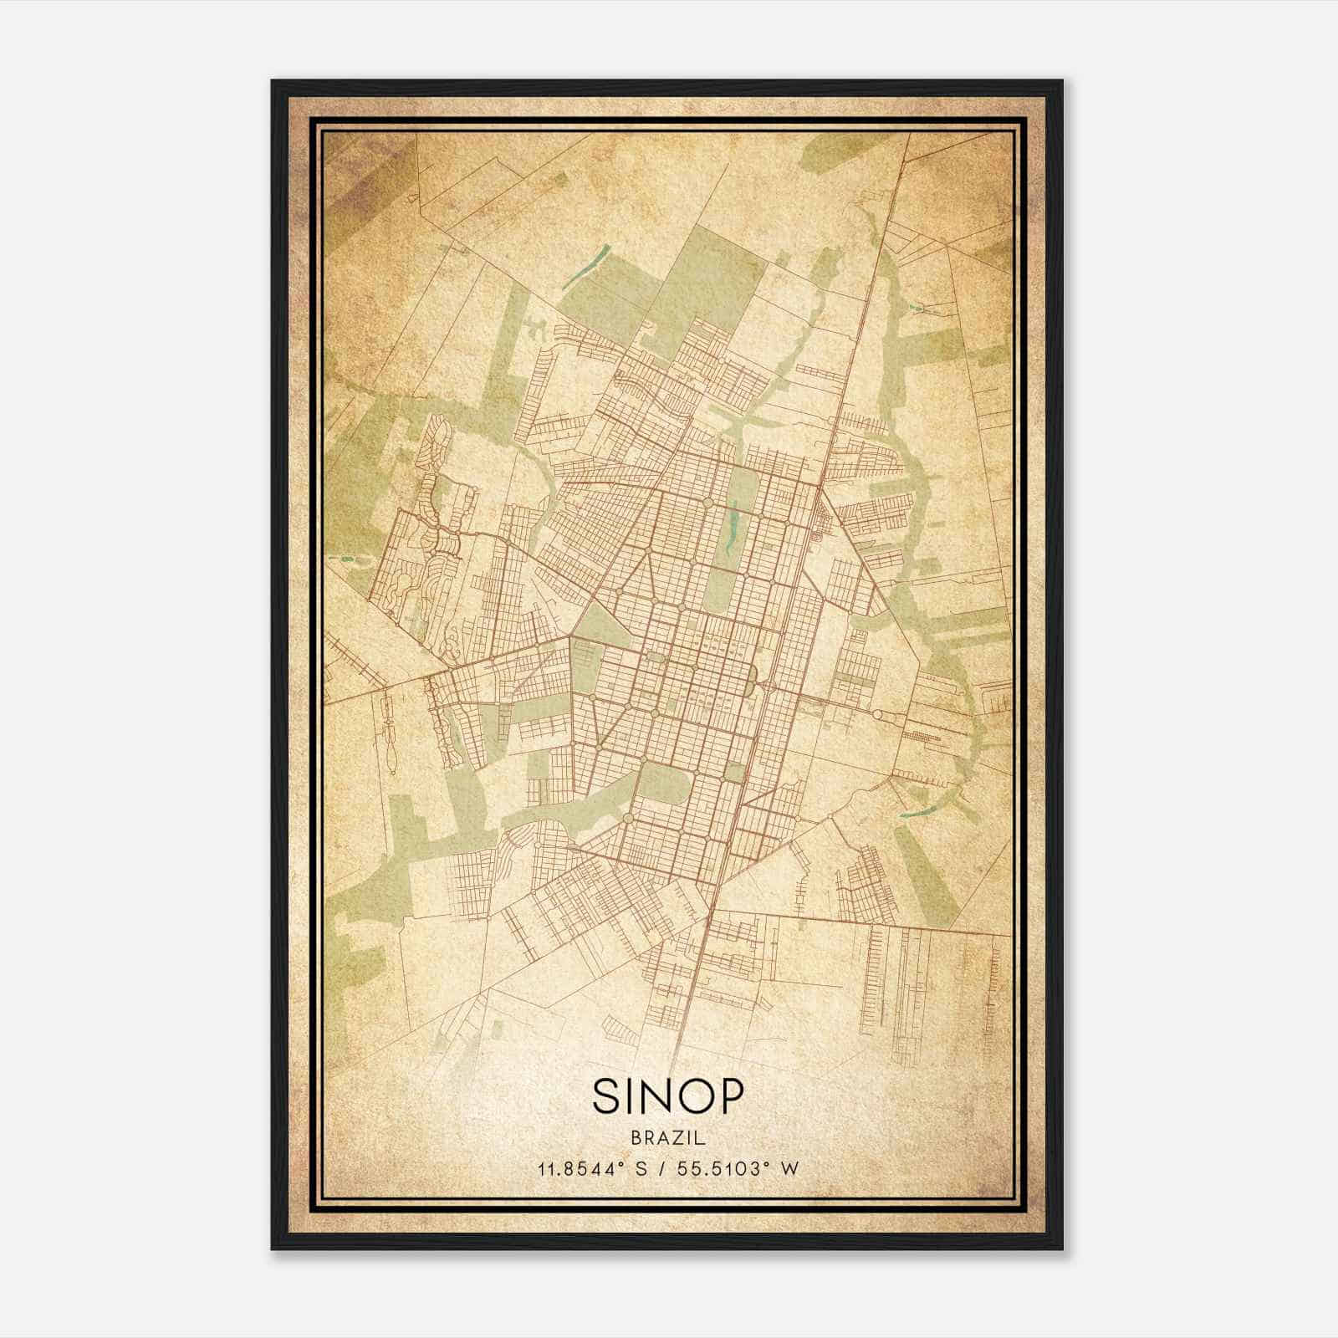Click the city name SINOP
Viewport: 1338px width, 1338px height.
pos(668,1095)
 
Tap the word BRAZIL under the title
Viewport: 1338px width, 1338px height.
pos(668,1138)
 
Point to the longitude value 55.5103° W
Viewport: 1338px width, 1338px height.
pos(736,1168)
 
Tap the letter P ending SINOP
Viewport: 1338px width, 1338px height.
pos(730,1095)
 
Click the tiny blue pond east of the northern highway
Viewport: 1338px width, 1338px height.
pos(920,309)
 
